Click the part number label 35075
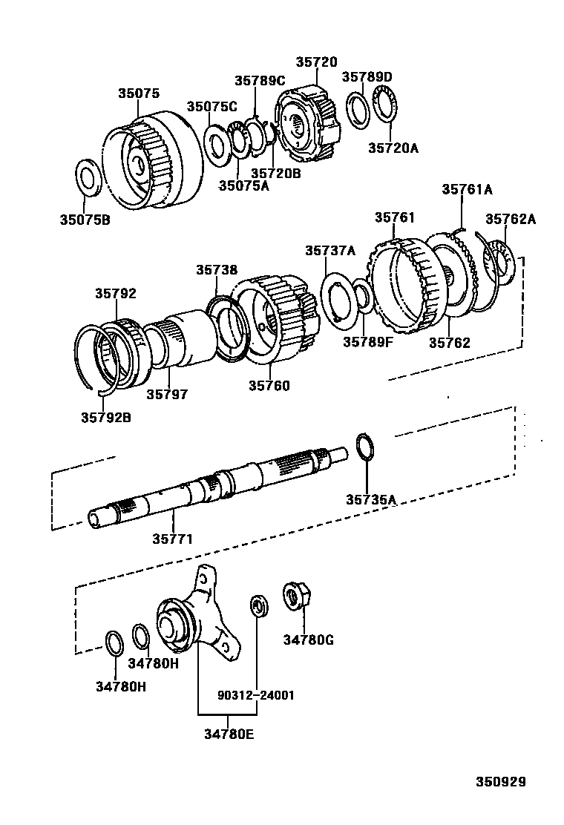pyautogui.click(x=138, y=94)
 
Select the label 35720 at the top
pyautogui.click(x=316, y=62)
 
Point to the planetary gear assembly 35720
pyautogui.click(x=310, y=122)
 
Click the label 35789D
pyautogui.click(x=367, y=76)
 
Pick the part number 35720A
pyautogui.click(x=393, y=148)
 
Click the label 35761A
pyautogui.click(x=467, y=189)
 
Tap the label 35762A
pyautogui.click(x=511, y=219)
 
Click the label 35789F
pyautogui.click(x=367, y=342)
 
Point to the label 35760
pyautogui.click(x=269, y=386)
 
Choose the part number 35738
pyautogui.click(x=217, y=270)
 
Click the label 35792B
pyautogui.click(x=106, y=417)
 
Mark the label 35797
pyautogui.click(x=166, y=394)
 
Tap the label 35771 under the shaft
pyautogui.click(x=171, y=539)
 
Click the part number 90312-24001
pyautogui.click(x=256, y=695)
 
